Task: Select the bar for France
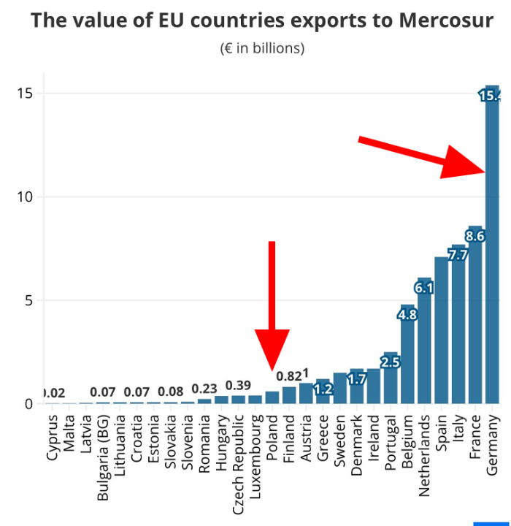coord(475,321)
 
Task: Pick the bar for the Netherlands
coord(425,343)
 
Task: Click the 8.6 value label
coord(475,236)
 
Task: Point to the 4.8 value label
coord(407,315)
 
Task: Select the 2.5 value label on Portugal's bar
coord(391,362)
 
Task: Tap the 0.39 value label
coord(239,385)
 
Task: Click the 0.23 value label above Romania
coord(204,389)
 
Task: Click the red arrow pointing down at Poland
coord(272,307)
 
